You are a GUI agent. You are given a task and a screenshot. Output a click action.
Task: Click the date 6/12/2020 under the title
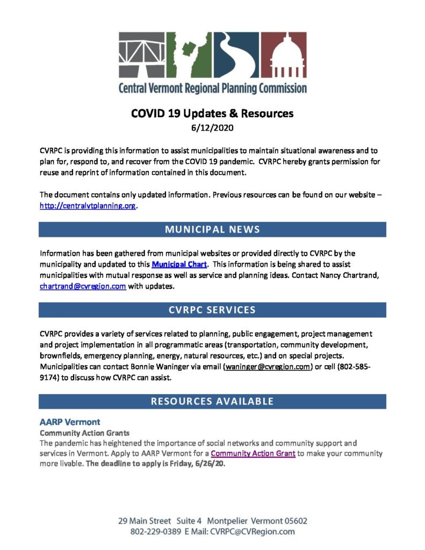coord(212,129)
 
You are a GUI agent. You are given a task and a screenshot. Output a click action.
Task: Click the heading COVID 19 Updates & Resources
coord(212,114)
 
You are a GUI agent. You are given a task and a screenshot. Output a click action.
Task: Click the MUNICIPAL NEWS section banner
coord(212,229)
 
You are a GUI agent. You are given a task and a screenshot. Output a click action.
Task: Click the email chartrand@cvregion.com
coord(83,286)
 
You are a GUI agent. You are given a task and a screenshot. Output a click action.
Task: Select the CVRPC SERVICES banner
coord(212,310)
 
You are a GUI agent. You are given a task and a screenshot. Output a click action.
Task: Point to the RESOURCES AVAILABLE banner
coord(212,401)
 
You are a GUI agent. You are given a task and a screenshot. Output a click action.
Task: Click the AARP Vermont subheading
coord(70,422)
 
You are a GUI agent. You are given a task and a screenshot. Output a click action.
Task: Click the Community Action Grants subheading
coord(77,432)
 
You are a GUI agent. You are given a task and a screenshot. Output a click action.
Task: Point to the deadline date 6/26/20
coord(210,464)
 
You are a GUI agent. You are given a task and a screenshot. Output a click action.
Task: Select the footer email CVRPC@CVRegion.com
coord(251,532)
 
